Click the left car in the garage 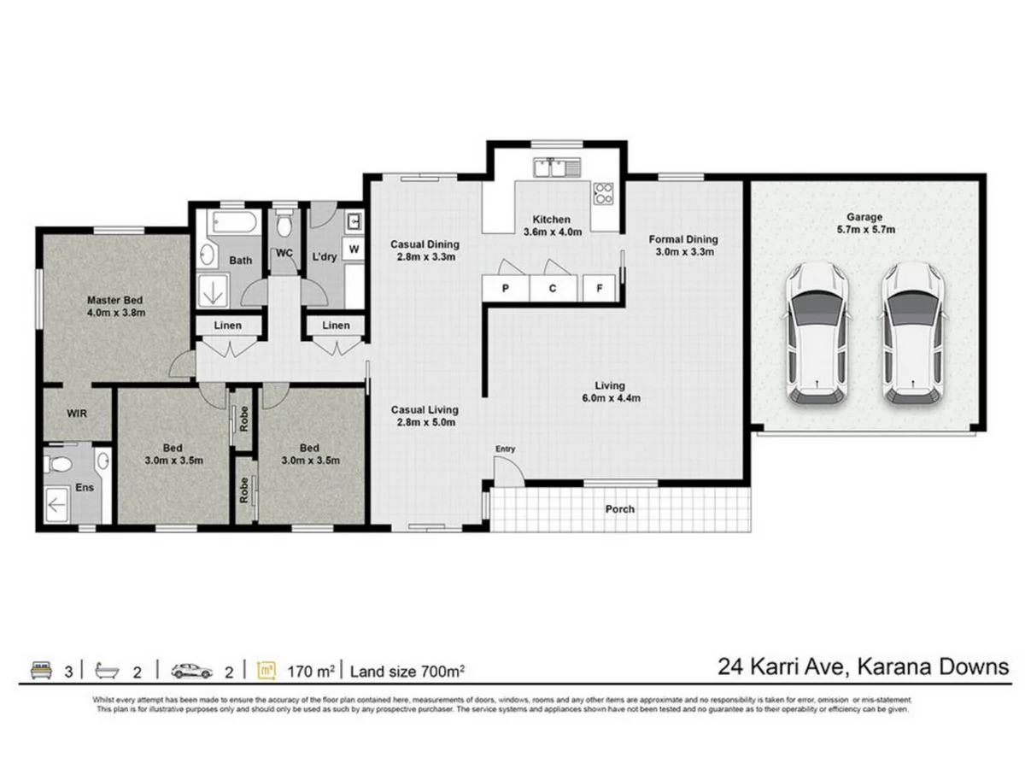[x=816, y=333]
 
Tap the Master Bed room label [x=114, y=301]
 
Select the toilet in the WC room [x=286, y=225]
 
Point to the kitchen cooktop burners [x=604, y=194]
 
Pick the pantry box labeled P [x=506, y=288]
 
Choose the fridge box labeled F [x=600, y=288]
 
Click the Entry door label [x=506, y=449]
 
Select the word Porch [x=620, y=509]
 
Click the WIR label [x=77, y=413]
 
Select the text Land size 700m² [x=407, y=671]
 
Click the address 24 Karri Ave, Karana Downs [x=863, y=666]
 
